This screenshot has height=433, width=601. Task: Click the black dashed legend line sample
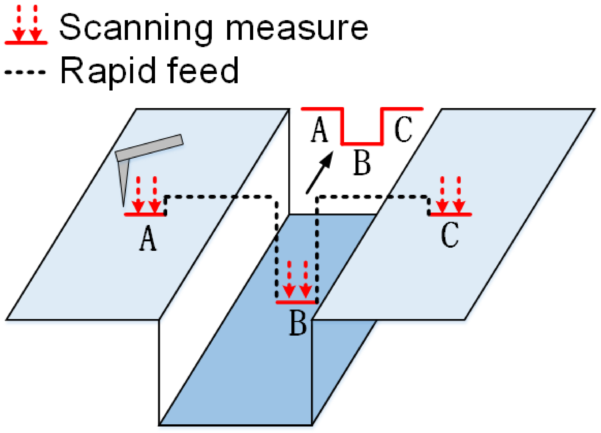(x=25, y=72)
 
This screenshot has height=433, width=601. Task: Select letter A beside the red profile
(x=319, y=130)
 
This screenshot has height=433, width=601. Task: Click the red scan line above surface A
(x=145, y=215)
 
